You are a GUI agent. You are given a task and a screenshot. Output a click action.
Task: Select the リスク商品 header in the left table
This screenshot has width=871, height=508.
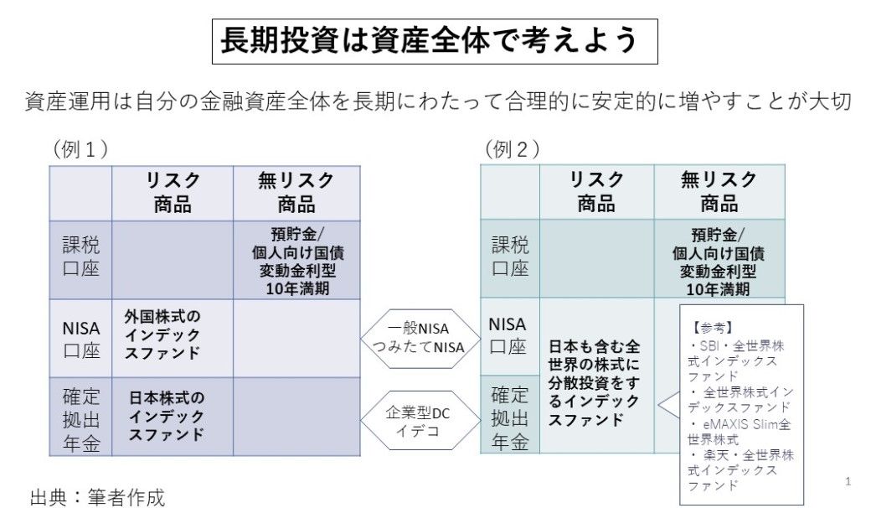(173, 191)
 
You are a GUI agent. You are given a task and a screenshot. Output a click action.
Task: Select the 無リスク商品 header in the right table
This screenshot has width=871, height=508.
(719, 191)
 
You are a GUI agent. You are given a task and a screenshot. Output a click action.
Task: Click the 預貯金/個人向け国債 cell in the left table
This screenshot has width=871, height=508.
(296, 260)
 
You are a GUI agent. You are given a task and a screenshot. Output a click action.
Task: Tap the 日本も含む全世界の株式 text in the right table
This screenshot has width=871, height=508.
(595, 382)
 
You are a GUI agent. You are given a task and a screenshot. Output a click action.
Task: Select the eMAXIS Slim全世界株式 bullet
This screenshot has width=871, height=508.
(739, 431)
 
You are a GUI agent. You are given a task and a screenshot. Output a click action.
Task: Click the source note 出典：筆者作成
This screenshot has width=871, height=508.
(98, 496)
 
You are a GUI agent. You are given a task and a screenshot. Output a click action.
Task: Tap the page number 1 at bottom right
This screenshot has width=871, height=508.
(848, 482)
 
